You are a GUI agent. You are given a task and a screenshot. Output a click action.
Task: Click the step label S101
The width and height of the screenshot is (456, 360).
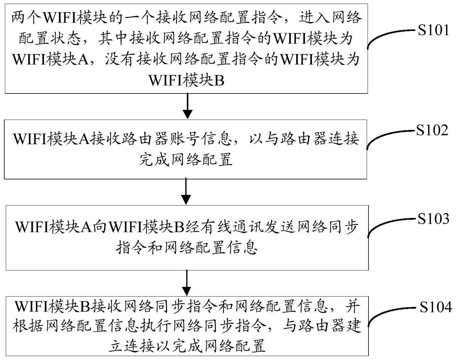(x=433, y=30)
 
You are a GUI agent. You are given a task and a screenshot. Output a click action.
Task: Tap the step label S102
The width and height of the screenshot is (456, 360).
(x=432, y=131)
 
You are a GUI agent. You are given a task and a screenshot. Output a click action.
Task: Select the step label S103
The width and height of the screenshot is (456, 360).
(x=433, y=219)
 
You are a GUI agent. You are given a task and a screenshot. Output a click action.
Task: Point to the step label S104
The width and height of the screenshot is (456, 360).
(x=436, y=307)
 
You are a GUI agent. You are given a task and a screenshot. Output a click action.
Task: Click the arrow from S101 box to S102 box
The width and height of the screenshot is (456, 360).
(x=188, y=106)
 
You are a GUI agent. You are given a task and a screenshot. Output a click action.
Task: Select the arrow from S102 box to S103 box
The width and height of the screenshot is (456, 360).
(x=186, y=191)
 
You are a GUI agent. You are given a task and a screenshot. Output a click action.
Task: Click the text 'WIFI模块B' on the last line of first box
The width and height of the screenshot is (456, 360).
(x=186, y=81)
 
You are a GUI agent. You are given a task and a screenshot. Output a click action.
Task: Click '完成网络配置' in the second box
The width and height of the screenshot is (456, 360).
(x=186, y=159)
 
